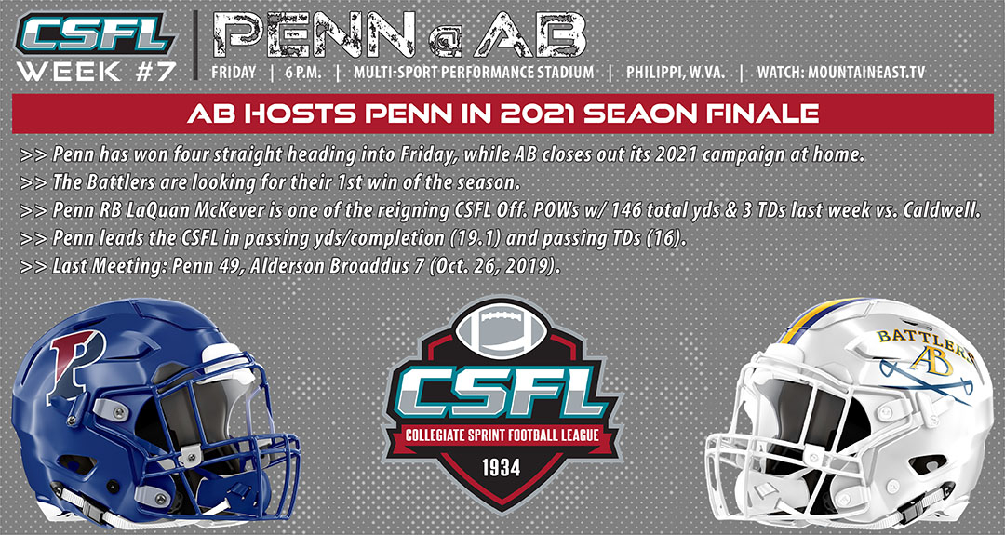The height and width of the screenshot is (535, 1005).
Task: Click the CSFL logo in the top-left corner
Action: [96, 33]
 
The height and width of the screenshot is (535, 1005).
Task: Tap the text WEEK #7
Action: [96, 71]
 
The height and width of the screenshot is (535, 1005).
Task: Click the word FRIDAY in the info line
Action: [234, 72]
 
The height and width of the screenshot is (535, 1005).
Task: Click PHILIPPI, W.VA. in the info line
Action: [676, 72]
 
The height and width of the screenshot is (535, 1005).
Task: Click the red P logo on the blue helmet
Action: [77, 365]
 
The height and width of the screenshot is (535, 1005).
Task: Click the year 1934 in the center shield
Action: [502, 468]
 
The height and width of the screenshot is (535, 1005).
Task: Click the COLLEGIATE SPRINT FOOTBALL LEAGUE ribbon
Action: [502, 436]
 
